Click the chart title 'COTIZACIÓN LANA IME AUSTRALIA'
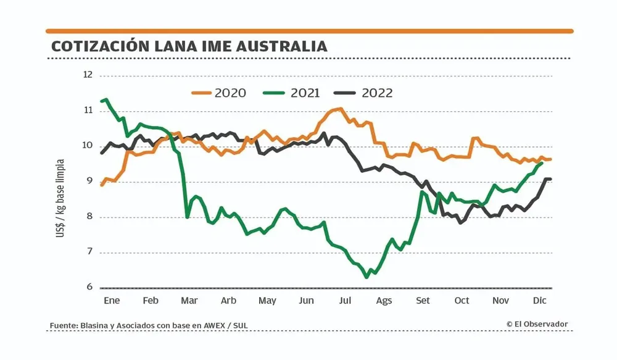(189, 46)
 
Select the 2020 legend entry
(219, 93)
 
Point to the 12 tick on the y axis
(87, 75)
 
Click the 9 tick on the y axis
(89, 182)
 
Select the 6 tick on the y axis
(89, 288)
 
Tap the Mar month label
(189, 301)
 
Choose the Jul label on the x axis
(345, 301)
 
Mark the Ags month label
(384, 301)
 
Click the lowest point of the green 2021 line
(367, 277)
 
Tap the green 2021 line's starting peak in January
(107, 99)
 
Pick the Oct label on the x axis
(462, 301)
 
